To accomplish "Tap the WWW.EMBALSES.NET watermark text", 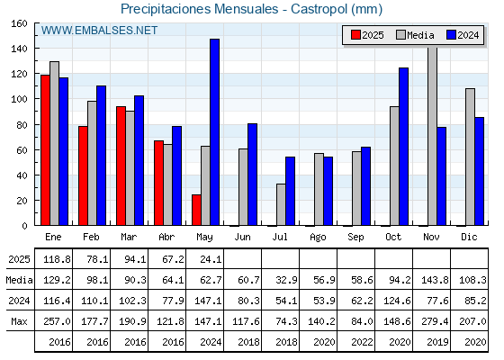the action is coord(99,31).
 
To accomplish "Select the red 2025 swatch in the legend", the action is coord(355,35).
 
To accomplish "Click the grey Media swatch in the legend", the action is coord(400,35).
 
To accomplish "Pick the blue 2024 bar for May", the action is coord(215,132).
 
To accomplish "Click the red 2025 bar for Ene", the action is coord(45,150).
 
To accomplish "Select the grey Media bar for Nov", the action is coord(433,136).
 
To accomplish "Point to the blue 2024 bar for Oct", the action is coord(404,147).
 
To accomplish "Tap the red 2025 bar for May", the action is coord(196,210).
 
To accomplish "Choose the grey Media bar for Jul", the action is coord(281,204).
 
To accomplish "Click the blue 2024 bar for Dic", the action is coord(479,171).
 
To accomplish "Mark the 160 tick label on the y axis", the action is coord(19,23).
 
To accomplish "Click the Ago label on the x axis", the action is coord(318,238).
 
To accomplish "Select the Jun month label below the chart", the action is coord(242,238).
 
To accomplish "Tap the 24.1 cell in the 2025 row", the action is coord(211,259).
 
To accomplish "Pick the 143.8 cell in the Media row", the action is coord(435,280).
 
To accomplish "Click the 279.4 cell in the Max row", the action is coord(435,321).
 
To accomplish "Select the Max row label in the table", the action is coord(19,321).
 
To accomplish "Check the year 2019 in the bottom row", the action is coord(437,342).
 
